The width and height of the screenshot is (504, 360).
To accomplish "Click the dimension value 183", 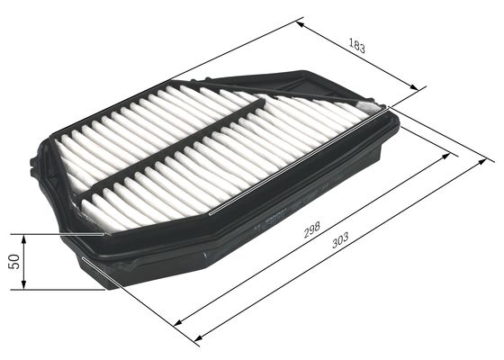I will pyautogui.click(x=356, y=47).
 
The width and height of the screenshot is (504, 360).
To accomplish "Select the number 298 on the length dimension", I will pyautogui.click(x=312, y=230).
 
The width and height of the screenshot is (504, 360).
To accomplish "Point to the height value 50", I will pyautogui.click(x=13, y=262).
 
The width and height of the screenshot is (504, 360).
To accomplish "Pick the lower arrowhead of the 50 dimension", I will pyautogui.click(x=24, y=286).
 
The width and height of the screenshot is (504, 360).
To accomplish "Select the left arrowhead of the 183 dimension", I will pyautogui.click(x=299, y=23).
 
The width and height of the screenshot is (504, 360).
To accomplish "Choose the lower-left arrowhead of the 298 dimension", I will pyautogui.click(x=176, y=322).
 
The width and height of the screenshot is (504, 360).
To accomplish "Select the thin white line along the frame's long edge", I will pyautogui.click(x=297, y=171).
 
